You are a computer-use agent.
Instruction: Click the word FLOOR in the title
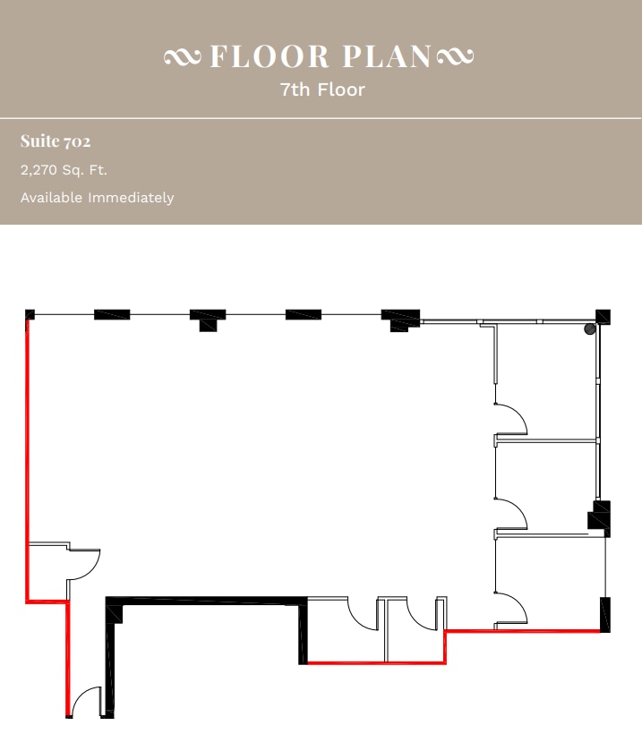[270, 56]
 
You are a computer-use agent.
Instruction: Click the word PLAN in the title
[388, 56]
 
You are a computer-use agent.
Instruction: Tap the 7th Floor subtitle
[321, 90]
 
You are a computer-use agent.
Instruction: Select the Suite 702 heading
[56, 141]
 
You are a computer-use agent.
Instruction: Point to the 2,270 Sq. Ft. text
[64, 170]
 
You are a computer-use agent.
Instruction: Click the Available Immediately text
[97, 198]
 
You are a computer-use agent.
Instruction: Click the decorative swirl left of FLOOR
[184, 57]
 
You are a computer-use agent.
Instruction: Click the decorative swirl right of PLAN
[455, 57]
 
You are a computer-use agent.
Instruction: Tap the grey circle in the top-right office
[590, 329]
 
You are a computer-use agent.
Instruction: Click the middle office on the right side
[546, 483]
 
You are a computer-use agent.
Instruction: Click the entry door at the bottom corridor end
[87, 703]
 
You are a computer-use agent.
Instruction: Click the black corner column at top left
[30, 314]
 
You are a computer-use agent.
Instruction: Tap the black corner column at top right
[603, 316]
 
